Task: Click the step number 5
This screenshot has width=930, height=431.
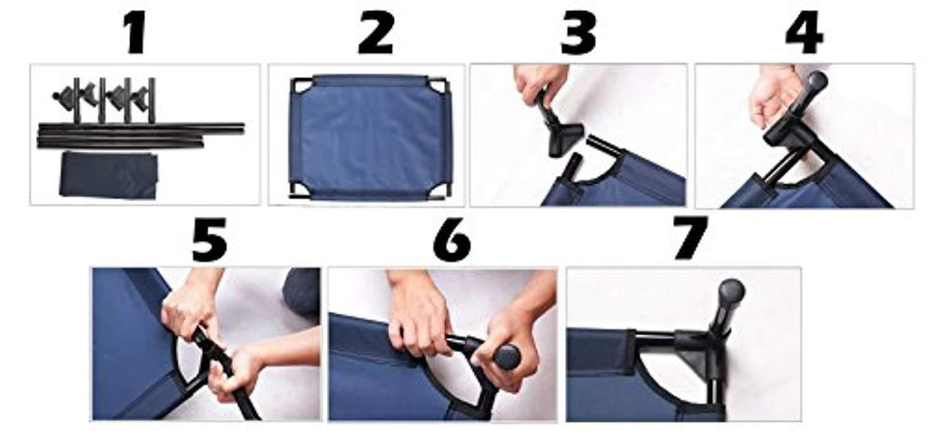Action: [x=209, y=240]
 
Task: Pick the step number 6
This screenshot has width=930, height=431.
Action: [x=452, y=240]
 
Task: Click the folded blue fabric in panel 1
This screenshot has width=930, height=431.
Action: [x=109, y=175]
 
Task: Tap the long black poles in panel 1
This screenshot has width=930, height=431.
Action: [x=141, y=135]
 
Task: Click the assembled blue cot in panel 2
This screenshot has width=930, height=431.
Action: [x=371, y=137]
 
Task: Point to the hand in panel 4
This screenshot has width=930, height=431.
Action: [x=774, y=96]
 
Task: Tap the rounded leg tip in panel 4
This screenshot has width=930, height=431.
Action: [x=816, y=81]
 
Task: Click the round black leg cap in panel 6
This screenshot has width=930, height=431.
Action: [x=506, y=357]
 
